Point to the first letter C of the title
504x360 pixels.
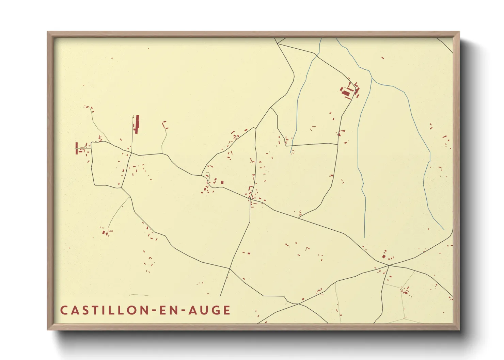(x=64, y=310)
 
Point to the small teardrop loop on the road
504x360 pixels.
(x=207, y=176)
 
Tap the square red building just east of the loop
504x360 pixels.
(x=222, y=182)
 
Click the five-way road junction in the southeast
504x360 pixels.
(x=389, y=265)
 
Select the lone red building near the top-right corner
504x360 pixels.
(x=383, y=58)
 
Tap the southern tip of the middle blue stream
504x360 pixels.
(x=364, y=237)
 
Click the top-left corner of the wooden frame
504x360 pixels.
(x=48, y=32)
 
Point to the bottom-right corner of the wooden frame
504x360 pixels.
(x=459, y=329)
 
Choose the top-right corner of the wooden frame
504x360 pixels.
(x=459, y=32)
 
